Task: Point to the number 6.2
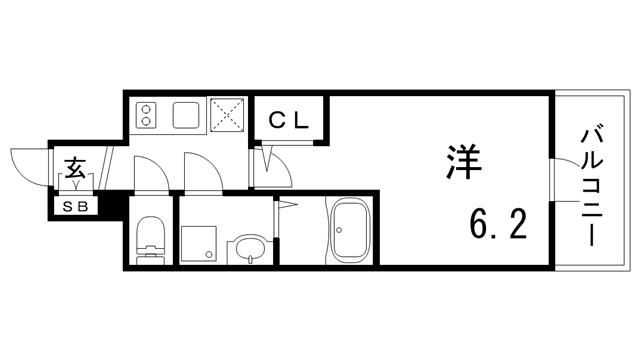tap(493, 227)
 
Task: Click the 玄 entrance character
tap(76, 166)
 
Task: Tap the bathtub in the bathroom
tap(349, 232)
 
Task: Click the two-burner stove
tap(145, 115)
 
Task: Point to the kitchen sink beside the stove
tap(186, 115)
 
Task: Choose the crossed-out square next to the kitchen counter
tap(228, 115)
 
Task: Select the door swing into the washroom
tap(202, 172)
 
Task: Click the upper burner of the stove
tap(145, 108)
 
